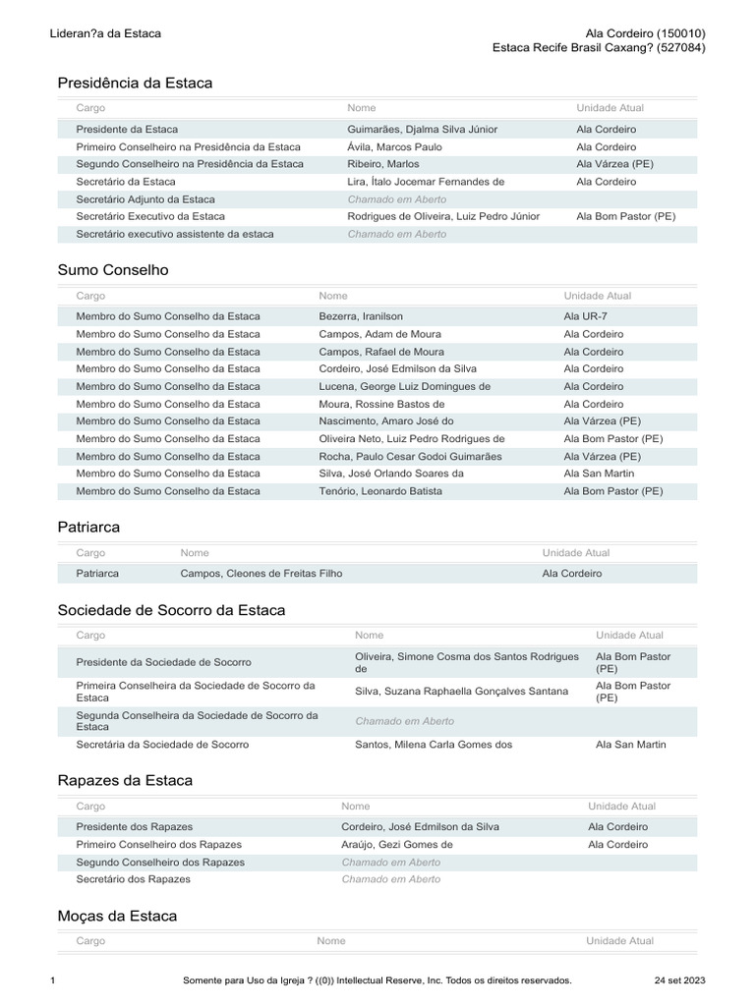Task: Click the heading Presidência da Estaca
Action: (x=135, y=84)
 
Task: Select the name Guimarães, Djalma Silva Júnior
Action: (x=422, y=130)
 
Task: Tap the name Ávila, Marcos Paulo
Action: (x=394, y=146)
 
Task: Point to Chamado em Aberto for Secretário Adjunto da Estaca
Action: (x=396, y=199)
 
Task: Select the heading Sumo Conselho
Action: (x=113, y=269)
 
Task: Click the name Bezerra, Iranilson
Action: (x=361, y=316)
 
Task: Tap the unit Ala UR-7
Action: (x=586, y=316)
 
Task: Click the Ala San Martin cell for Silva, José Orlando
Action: (x=599, y=474)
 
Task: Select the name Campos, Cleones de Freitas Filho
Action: (x=261, y=574)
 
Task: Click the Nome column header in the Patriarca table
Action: (x=195, y=553)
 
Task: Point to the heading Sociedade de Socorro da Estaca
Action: (x=171, y=610)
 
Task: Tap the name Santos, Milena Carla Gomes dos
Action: (x=434, y=745)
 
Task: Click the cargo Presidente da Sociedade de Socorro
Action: (x=163, y=662)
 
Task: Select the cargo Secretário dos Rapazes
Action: (x=133, y=879)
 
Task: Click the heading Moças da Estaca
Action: (x=117, y=916)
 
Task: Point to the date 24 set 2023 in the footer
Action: (x=679, y=980)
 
